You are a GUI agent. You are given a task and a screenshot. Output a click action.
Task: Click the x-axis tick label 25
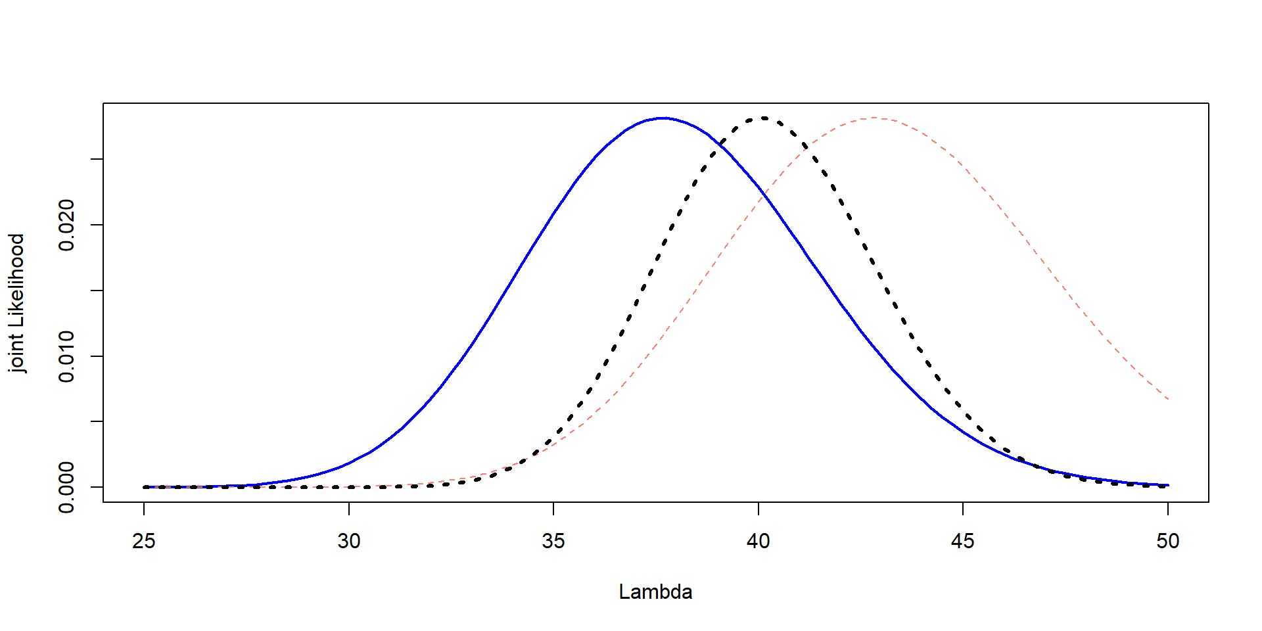pos(144,541)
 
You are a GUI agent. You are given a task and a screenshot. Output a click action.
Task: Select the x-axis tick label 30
pos(349,541)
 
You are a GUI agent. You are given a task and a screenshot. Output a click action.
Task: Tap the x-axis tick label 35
pos(553,541)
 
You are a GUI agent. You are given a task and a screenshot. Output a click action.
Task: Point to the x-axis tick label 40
pos(759,541)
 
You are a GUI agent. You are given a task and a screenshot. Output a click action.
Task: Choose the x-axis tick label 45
pos(963,541)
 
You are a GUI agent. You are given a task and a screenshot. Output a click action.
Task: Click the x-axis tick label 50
pos(1168,541)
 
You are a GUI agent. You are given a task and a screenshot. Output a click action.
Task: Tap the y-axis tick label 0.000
pos(66,487)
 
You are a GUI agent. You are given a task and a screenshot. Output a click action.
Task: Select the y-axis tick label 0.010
pos(66,356)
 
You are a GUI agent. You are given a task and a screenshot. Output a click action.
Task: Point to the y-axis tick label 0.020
pos(66,225)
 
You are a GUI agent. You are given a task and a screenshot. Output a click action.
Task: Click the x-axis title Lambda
pos(655,592)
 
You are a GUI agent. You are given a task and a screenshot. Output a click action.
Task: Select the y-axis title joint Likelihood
pos(17,303)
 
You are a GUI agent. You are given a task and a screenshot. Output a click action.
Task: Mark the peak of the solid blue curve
pos(663,118)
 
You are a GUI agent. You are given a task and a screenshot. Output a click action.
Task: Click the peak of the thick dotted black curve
pos(763,118)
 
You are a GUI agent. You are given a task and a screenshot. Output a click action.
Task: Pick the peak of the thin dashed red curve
pos(874,118)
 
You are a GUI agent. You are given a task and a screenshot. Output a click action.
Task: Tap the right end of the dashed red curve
pos(1168,399)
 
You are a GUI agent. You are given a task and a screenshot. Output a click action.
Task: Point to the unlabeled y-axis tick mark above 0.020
pos(97,159)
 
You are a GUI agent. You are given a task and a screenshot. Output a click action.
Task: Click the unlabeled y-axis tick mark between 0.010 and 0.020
pos(97,291)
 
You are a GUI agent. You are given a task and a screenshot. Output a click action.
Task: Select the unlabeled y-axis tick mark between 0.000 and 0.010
pos(97,421)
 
